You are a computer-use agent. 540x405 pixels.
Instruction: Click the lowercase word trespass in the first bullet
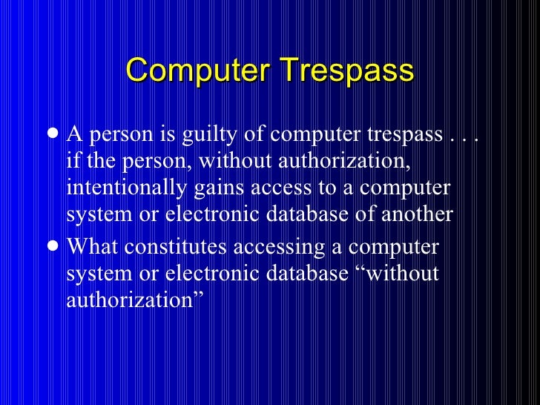(x=403, y=135)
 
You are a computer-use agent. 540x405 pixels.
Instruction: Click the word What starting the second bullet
(x=90, y=246)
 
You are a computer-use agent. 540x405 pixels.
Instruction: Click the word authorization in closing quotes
(x=134, y=301)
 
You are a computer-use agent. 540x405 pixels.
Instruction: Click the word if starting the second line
(x=73, y=162)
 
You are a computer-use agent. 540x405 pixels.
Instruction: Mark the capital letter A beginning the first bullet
(x=73, y=135)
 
